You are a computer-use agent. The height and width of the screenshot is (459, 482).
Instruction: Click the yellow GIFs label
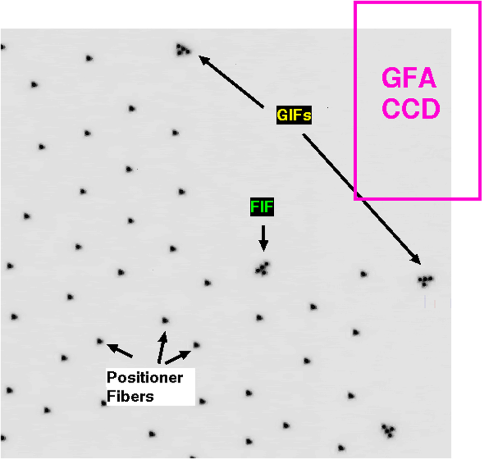[294, 116]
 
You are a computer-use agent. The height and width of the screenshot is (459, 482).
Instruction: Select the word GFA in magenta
[409, 79]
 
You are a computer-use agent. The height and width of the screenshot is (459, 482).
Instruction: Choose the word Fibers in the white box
[130, 396]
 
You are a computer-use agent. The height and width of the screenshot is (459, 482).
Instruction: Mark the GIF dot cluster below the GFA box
[425, 280]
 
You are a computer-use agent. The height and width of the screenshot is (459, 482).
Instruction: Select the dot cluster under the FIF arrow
[263, 268]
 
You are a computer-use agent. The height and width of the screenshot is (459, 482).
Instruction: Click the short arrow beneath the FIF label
[263, 238]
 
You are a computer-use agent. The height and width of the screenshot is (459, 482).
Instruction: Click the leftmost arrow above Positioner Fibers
[119, 350]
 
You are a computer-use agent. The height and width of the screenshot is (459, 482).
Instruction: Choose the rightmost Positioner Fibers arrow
[178, 356]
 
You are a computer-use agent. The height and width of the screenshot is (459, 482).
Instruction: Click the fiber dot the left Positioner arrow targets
[100, 341]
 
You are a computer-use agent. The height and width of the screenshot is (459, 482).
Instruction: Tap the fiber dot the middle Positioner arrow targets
[165, 320]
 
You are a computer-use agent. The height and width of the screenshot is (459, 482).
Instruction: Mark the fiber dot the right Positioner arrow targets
[196, 344]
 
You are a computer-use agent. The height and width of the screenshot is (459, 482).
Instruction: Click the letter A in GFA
[427, 79]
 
